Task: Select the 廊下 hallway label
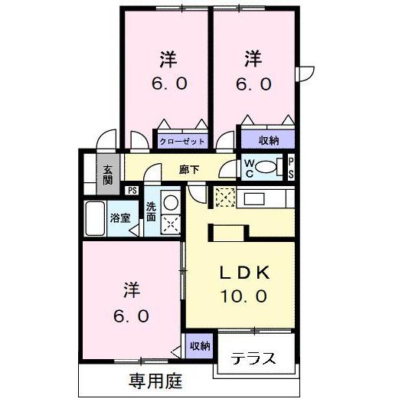tap(189, 170)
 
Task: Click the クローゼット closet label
tap(182, 141)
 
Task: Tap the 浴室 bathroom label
tap(120, 217)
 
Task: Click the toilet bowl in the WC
tap(266, 167)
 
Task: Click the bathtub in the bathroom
tap(96, 221)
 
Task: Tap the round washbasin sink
tap(172, 203)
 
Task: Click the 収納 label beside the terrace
tap(200, 346)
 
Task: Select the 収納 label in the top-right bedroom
tap(267, 140)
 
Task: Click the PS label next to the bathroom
tap(132, 191)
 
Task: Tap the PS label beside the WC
tap(291, 168)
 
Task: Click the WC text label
tap(249, 167)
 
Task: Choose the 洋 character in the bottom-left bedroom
tap(131, 291)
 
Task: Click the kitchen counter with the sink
tap(264, 199)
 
